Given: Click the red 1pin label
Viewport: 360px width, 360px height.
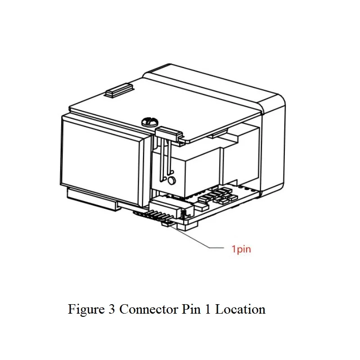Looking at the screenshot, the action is [241, 249].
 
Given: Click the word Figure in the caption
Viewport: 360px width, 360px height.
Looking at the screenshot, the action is [86, 310].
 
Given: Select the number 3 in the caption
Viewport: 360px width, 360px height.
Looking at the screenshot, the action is [112, 309].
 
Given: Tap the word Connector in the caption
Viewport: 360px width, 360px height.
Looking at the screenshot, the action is [149, 309].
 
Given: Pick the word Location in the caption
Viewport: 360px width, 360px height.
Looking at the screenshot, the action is [240, 309].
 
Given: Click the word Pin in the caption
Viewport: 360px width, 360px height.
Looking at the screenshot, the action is [191, 309].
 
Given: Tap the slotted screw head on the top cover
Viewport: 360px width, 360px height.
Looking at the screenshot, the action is [150, 121].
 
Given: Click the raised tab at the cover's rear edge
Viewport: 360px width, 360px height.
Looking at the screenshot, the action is [119, 90].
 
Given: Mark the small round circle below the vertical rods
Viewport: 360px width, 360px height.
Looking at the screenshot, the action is [171, 181].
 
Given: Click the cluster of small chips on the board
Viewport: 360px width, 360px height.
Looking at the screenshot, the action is [217, 196].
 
